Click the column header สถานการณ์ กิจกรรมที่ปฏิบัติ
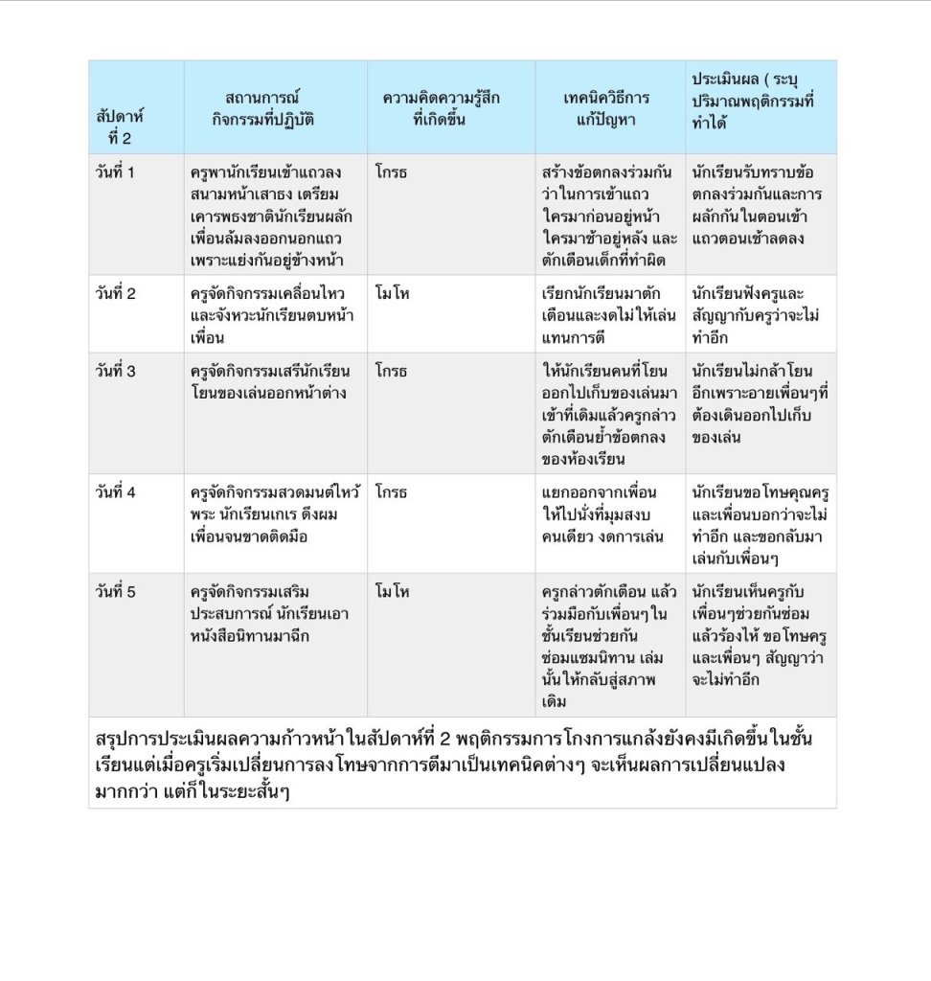tap(263, 108)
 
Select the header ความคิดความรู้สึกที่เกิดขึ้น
tap(441, 108)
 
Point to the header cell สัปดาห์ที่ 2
tap(120, 125)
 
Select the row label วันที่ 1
tap(116, 173)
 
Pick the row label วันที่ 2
tap(116, 294)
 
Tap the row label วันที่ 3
tap(116, 371)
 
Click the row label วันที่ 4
tap(116, 492)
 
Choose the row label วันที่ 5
tap(116, 592)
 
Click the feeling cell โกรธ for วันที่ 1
tap(392, 173)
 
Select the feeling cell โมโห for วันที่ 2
tap(393, 294)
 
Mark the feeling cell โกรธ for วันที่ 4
tap(392, 492)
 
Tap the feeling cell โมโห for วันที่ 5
tap(393, 592)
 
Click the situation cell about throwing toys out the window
tap(271, 381)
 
